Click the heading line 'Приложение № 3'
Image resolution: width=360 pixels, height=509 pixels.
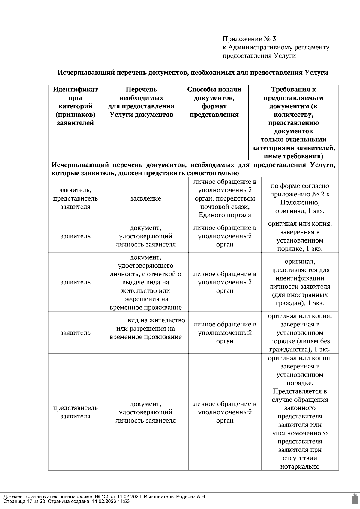tap(249, 39)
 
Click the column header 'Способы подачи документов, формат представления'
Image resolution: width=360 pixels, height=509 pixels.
tap(214, 102)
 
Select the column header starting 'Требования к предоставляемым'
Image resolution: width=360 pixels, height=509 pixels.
tap(293, 123)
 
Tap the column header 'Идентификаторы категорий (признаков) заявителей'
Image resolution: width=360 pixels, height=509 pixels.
tap(75, 106)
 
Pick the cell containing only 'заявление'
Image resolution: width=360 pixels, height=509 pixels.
tap(145, 198)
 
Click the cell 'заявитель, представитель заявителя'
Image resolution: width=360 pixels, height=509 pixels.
tap(75, 198)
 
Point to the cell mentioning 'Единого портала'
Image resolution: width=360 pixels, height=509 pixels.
tap(225, 198)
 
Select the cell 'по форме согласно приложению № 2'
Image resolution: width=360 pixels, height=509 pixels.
tap(300, 198)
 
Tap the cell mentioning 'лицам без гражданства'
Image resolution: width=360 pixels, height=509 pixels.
tap(300, 333)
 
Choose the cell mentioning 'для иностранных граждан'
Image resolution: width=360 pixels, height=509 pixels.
tap(300, 282)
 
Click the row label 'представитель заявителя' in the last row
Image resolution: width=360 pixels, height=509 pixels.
tap(75, 412)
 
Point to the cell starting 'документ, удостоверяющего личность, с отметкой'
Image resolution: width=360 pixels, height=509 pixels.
tap(145, 282)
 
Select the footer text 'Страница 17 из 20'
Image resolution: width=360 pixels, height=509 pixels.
tap(25, 501)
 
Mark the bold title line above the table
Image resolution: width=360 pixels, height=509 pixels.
tap(193, 73)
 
